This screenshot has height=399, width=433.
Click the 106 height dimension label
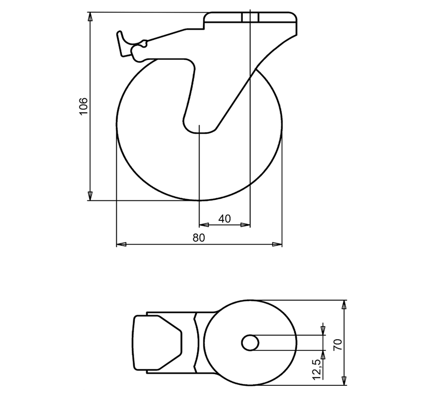[83, 106]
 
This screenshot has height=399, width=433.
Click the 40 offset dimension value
[224, 219]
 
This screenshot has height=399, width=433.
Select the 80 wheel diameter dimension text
[199, 237]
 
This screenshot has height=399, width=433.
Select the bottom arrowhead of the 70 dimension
[344, 381]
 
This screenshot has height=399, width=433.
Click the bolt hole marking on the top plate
[250, 18]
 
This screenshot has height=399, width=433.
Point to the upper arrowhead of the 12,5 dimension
[323, 331]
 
